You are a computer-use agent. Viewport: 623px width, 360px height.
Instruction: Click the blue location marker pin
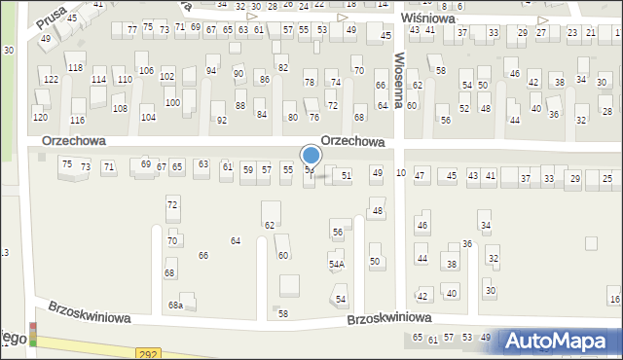coord(311,156)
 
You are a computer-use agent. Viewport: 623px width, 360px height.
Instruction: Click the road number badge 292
coord(148,354)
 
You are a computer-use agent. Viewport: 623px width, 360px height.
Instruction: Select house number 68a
coord(175,306)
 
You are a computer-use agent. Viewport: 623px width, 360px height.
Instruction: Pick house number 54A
coord(337,264)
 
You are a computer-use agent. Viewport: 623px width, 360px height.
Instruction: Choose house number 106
coord(146,70)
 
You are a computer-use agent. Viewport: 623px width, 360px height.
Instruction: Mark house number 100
coord(172,102)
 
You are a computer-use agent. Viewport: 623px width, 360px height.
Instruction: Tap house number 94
coord(211,71)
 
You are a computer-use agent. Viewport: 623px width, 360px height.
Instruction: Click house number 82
coord(283,68)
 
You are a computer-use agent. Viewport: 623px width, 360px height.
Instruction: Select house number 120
coord(39,117)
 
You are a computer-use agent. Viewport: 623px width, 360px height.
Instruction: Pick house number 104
coord(148,117)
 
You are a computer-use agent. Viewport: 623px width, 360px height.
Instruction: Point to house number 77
coord(131,29)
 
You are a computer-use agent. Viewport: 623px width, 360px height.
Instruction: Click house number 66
coord(203,255)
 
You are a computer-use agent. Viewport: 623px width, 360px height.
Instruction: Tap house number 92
coord(221,120)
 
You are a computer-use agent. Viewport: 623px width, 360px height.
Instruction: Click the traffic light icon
coord(34,335)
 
